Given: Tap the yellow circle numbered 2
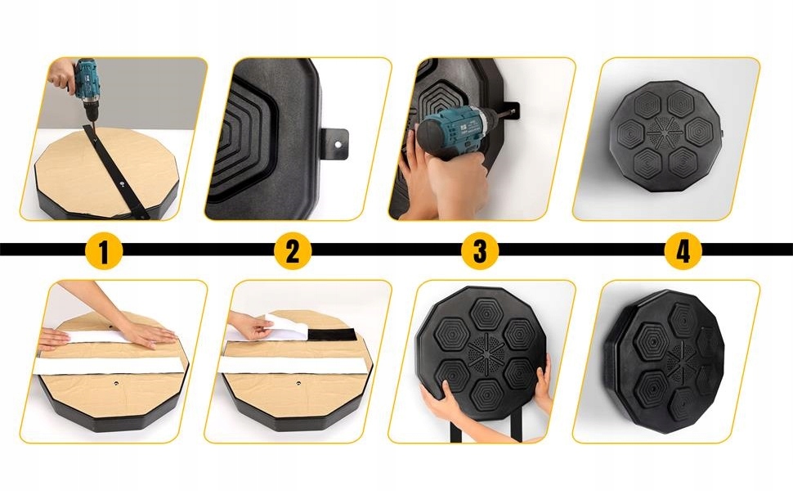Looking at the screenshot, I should coord(292,250).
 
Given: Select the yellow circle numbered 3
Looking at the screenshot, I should coord(480,250).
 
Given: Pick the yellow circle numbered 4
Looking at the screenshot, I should coord(682,250).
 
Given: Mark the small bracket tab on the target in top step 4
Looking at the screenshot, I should coord(723,132).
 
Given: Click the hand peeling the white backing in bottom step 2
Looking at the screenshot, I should coord(249,326).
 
